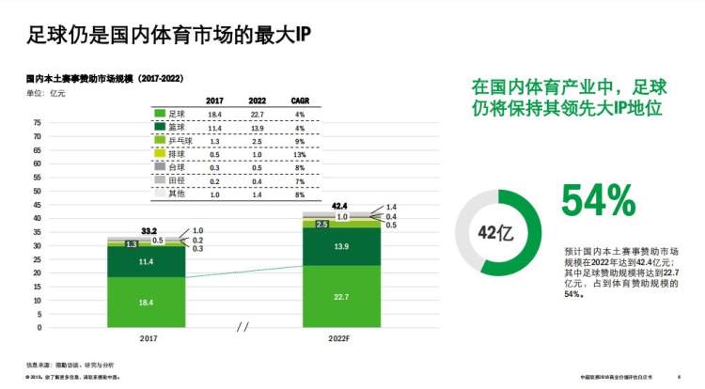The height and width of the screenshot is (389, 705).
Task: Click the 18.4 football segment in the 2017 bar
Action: (x=145, y=303)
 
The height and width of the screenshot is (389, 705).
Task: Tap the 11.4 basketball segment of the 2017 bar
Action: (x=145, y=262)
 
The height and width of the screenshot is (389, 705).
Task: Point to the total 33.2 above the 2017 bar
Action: (x=148, y=230)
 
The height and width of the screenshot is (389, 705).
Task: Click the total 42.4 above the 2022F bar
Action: (x=339, y=205)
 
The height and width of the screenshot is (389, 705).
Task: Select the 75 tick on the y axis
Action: (x=38, y=123)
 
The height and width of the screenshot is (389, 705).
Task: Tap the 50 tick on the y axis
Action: (x=38, y=192)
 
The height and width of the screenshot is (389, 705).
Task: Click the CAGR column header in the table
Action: (x=301, y=101)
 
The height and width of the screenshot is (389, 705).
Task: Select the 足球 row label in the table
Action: (x=177, y=114)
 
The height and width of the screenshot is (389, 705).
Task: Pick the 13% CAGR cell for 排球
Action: (x=301, y=153)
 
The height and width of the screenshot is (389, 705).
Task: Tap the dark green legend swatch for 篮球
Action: (x=160, y=127)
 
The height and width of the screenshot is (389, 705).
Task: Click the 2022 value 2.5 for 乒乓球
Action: (x=258, y=140)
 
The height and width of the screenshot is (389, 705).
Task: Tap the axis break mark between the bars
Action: (x=243, y=327)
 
